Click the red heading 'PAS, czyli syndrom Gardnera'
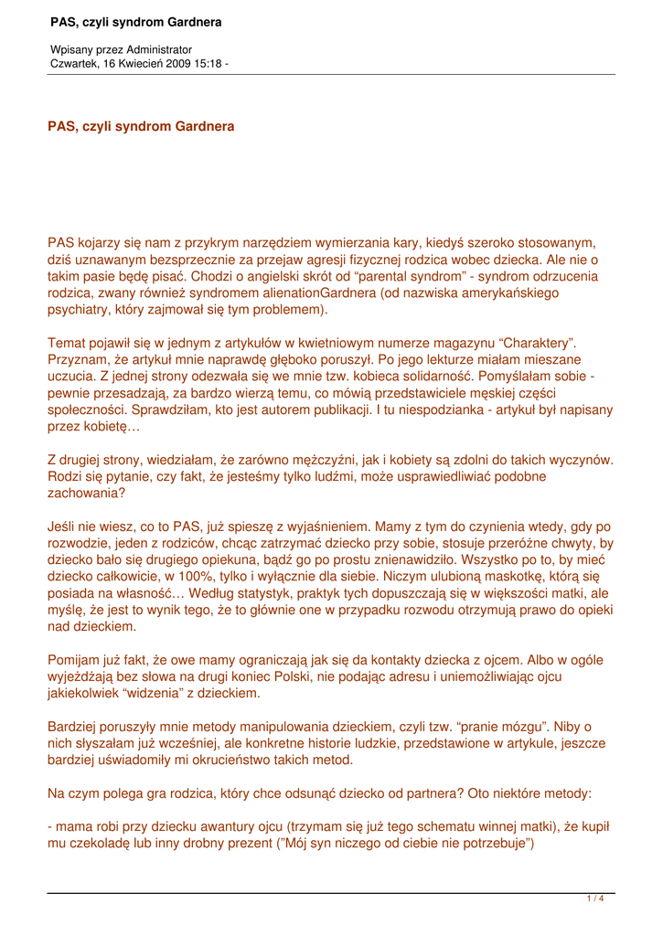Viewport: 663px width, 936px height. (x=141, y=126)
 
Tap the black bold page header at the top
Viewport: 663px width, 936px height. (x=136, y=21)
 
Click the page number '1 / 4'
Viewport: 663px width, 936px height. (x=594, y=899)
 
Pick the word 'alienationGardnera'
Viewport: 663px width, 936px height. (x=320, y=293)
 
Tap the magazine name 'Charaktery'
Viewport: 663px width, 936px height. (x=536, y=343)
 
